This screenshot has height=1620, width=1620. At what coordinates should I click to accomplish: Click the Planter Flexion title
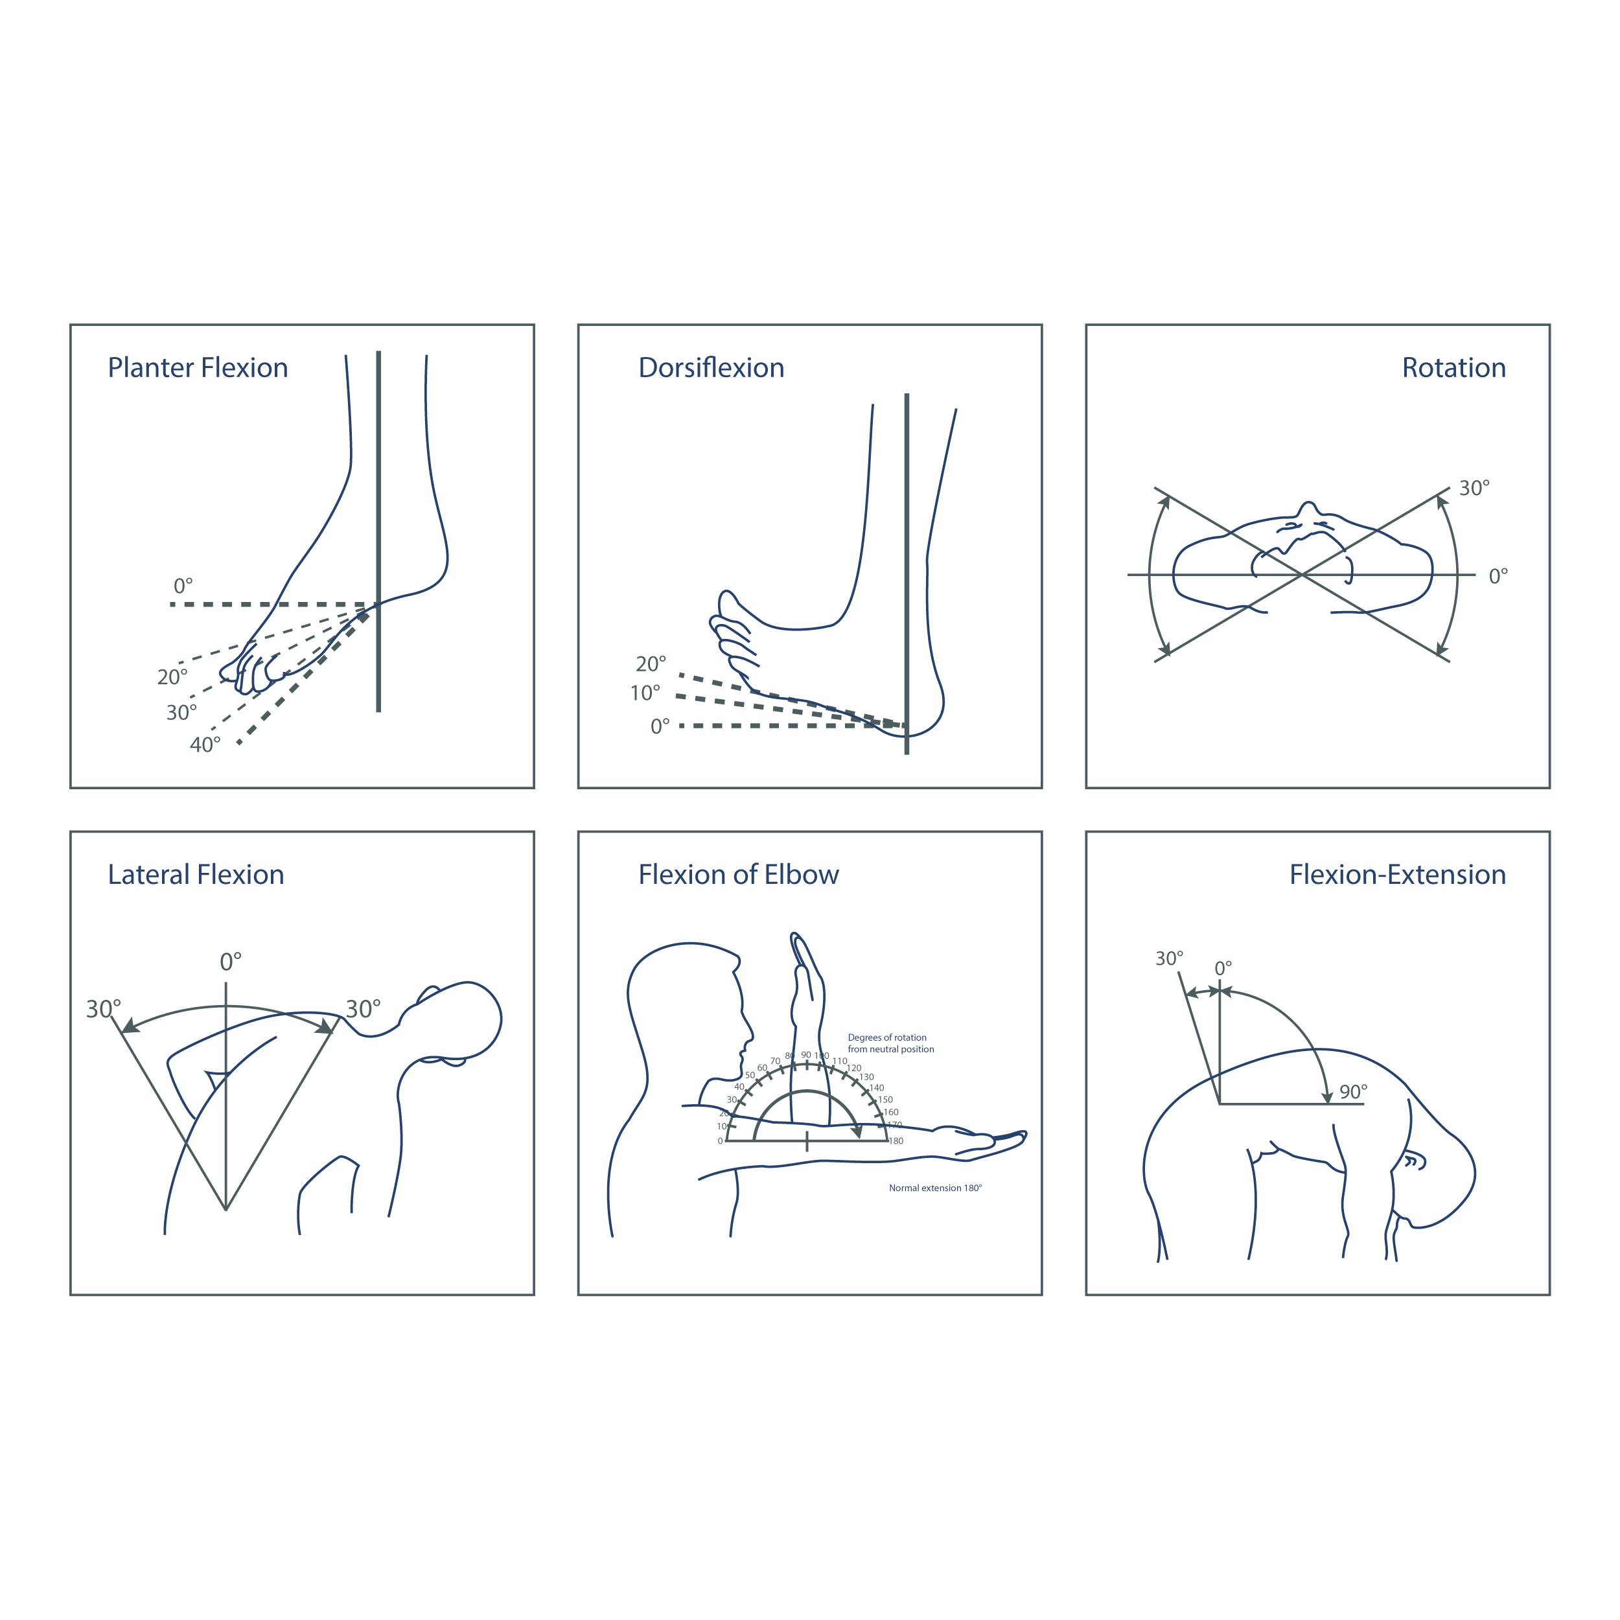(x=198, y=368)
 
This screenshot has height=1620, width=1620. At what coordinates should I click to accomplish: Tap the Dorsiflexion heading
(x=711, y=368)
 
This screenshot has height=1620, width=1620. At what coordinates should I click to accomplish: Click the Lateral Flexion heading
(x=196, y=875)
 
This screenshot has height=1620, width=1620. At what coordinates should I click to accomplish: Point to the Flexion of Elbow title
(x=738, y=875)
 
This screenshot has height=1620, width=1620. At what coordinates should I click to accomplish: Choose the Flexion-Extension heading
(x=1397, y=875)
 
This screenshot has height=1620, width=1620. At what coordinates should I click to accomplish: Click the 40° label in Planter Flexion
(x=205, y=745)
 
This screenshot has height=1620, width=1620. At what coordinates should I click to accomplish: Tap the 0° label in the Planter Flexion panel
(x=183, y=585)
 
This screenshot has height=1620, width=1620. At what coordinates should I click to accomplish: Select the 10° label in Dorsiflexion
(x=645, y=693)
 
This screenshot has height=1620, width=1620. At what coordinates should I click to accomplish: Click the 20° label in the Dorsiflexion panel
(x=651, y=664)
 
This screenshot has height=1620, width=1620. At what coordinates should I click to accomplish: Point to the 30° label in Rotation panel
(x=1474, y=488)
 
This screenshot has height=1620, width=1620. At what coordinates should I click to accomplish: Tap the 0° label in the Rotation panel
(x=1498, y=576)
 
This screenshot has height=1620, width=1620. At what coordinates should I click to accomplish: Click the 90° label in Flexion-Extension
(x=1352, y=1092)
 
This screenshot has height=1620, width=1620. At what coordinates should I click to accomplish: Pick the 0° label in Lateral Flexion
(x=231, y=962)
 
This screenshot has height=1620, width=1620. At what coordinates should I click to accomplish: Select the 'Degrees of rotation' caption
(x=886, y=1037)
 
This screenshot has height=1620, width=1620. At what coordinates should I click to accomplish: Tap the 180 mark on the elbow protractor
(x=896, y=1141)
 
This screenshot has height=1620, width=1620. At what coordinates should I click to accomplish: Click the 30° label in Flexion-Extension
(x=1169, y=958)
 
